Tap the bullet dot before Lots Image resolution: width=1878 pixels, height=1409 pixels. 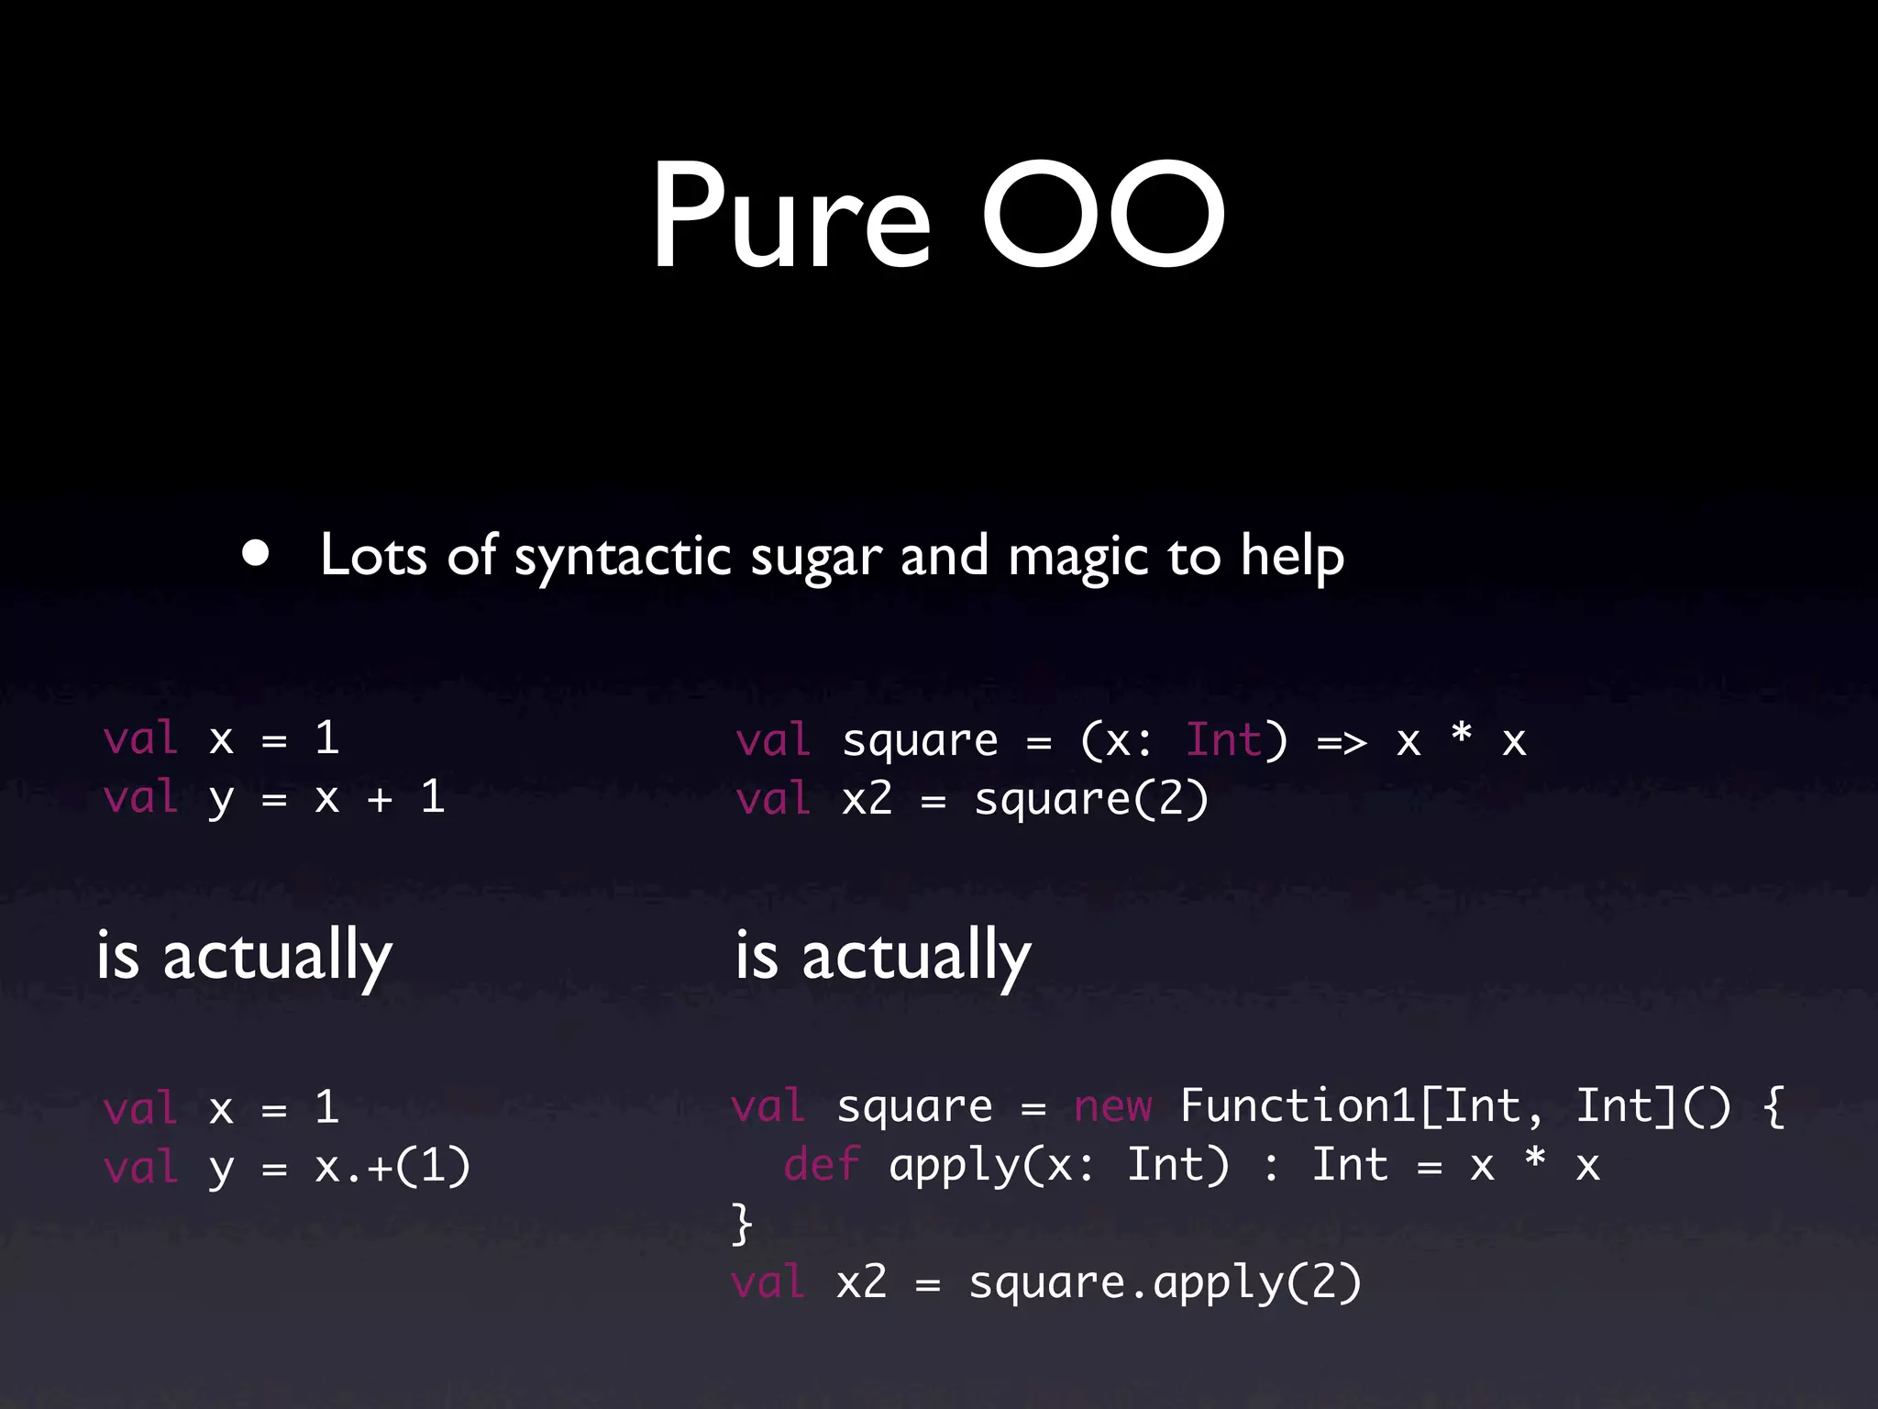256,553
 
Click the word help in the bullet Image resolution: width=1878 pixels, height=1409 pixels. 1292,557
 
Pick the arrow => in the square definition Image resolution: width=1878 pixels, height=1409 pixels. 1342,741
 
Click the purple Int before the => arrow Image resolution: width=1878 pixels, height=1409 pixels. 1224,739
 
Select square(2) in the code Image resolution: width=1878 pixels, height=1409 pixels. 1091,799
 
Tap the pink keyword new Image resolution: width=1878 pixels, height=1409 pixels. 1112,1106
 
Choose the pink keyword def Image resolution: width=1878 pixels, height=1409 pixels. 822,1165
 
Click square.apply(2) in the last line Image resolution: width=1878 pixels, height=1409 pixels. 1165,1282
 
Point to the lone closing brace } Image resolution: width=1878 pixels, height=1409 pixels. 741,1224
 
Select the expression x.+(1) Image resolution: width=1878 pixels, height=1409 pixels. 392,1167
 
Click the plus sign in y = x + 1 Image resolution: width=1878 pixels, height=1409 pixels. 380,799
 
